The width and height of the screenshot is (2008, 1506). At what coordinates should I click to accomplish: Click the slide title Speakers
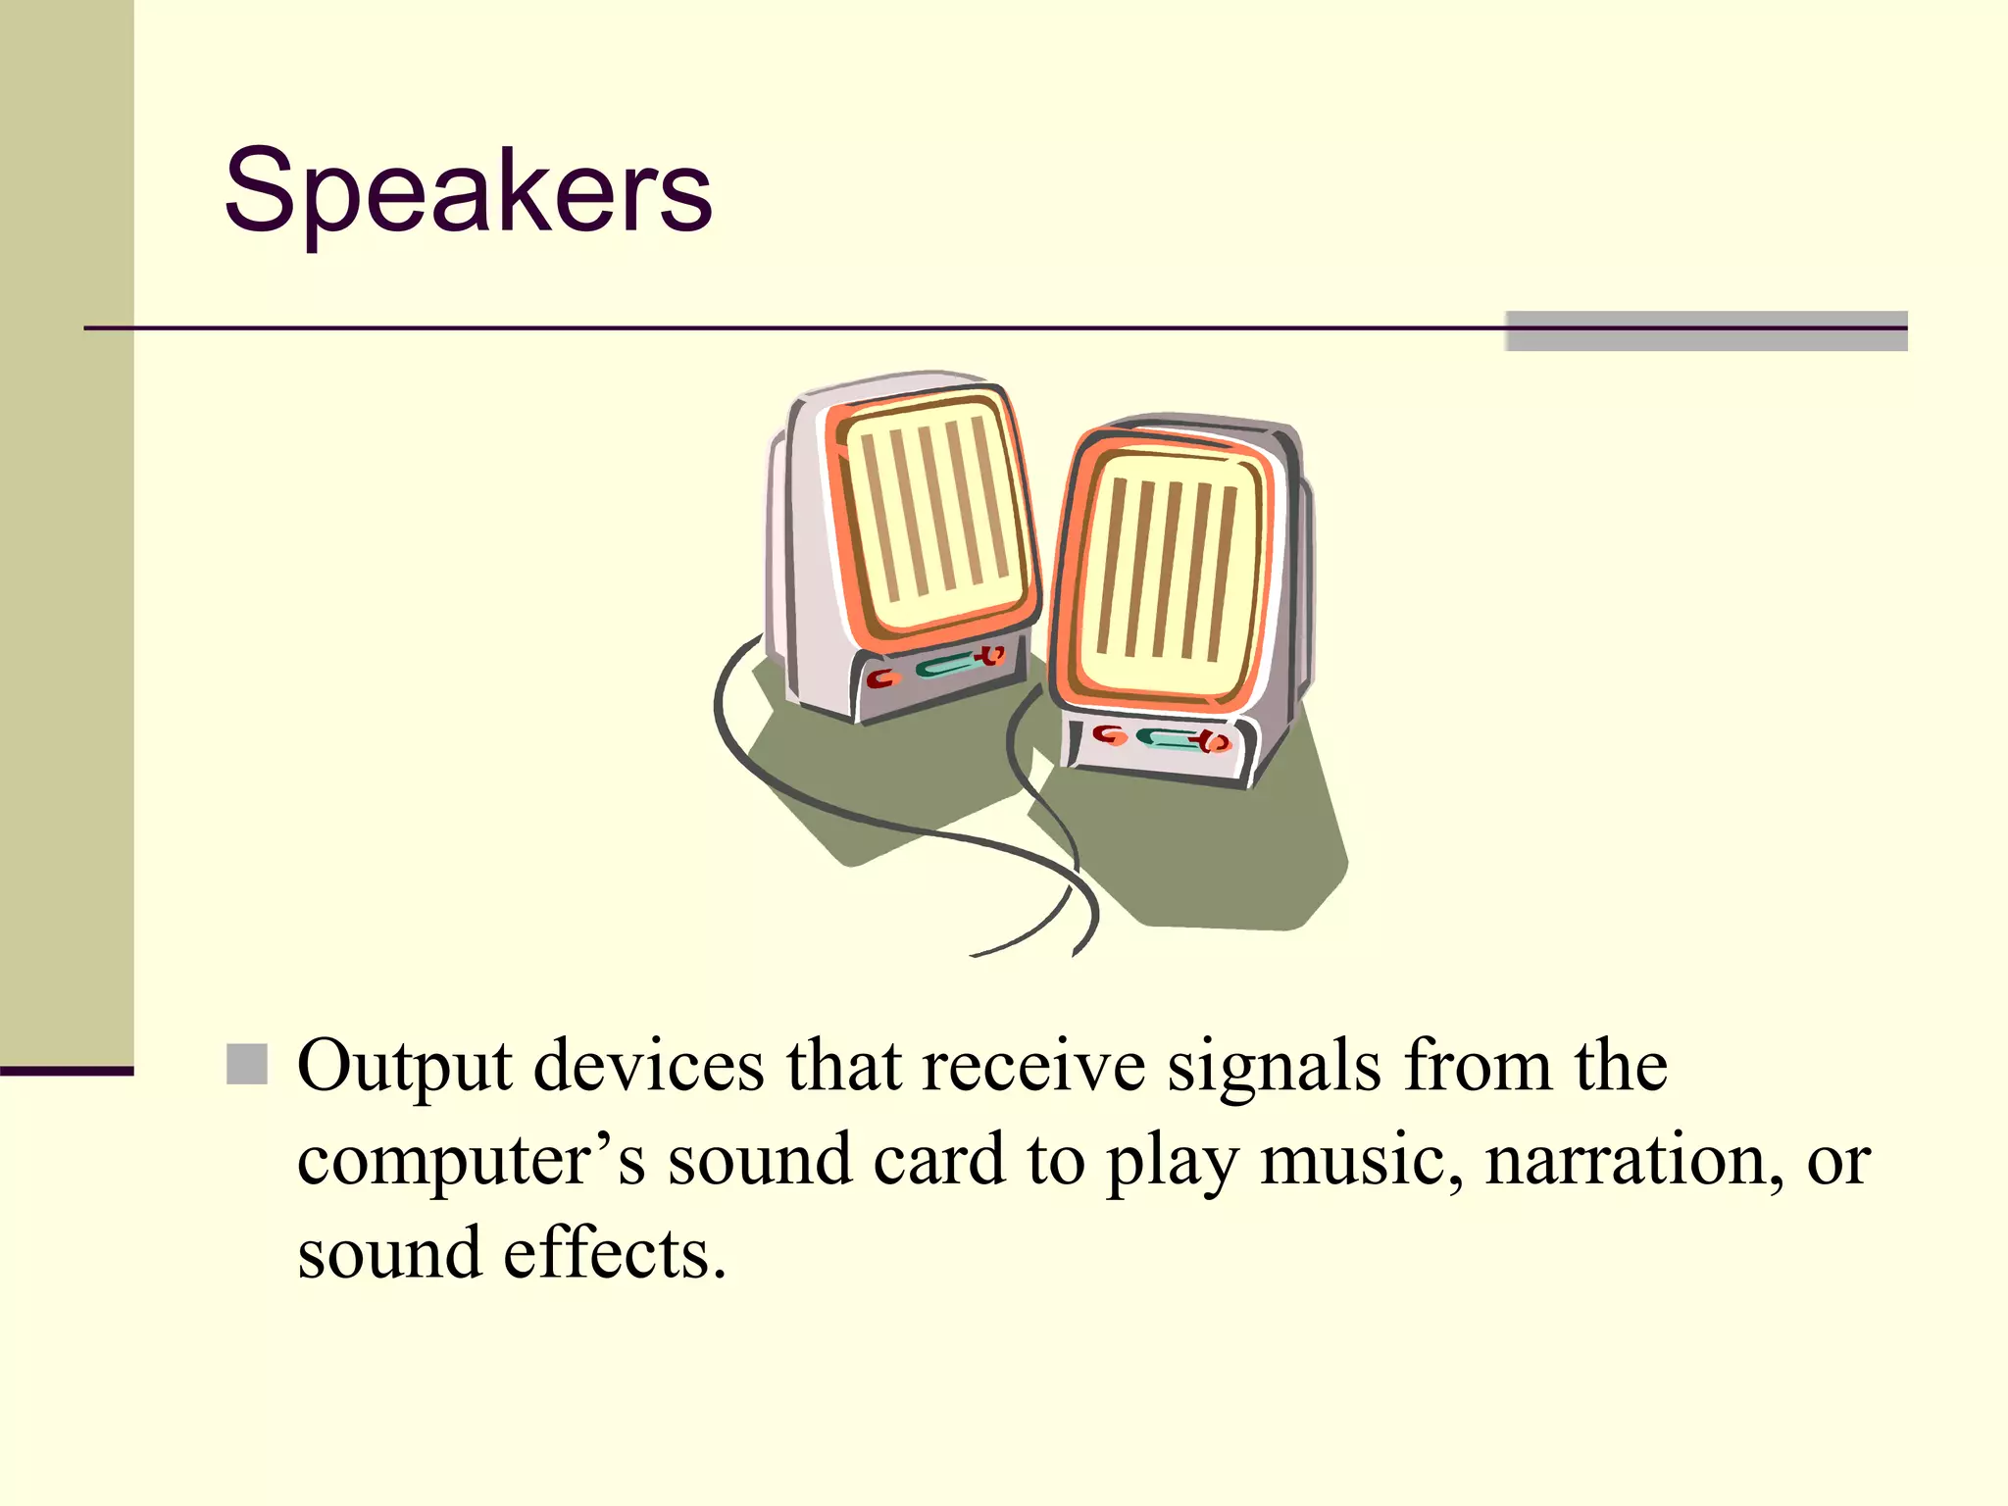tap(468, 190)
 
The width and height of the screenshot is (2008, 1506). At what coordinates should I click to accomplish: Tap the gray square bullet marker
tap(247, 1064)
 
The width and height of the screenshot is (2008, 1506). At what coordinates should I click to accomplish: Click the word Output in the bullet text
tap(404, 1066)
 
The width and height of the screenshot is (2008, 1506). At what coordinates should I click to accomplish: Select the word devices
tap(648, 1066)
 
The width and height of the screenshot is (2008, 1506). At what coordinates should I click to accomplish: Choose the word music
tap(1362, 1160)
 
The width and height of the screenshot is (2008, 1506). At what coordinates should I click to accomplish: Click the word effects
tap(614, 1254)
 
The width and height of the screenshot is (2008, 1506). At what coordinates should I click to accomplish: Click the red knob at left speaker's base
tap(882, 678)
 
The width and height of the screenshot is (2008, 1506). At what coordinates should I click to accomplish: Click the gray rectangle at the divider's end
tap(1705, 330)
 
